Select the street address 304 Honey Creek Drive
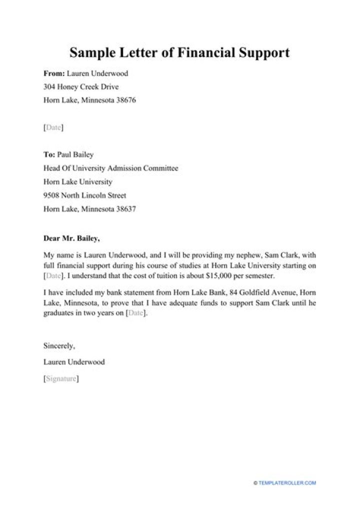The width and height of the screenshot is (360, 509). click(x=81, y=87)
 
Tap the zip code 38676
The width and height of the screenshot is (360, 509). click(x=125, y=100)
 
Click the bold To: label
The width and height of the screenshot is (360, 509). click(x=49, y=155)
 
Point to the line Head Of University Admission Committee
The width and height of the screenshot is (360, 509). click(x=111, y=168)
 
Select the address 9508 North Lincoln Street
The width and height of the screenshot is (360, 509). click(x=85, y=195)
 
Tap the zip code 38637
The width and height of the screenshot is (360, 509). click(x=125, y=209)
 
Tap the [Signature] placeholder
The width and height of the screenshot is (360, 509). click(x=61, y=379)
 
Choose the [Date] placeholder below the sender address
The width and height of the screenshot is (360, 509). click(x=53, y=128)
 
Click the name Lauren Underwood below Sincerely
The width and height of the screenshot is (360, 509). click(x=74, y=362)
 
